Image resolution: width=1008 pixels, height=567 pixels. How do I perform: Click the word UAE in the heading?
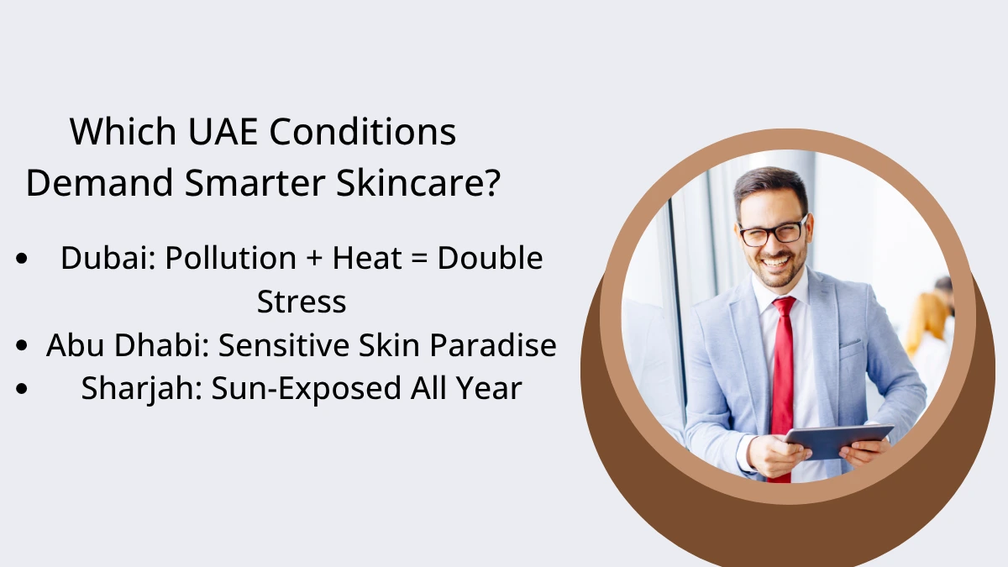click(x=223, y=131)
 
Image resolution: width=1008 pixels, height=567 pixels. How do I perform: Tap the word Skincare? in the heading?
click(x=418, y=182)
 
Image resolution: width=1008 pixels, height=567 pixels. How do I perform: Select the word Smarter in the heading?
click(x=255, y=183)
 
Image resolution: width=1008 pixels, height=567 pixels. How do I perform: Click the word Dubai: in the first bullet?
click(x=108, y=258)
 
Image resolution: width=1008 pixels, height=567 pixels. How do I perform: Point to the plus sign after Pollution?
click(x=314, y=259)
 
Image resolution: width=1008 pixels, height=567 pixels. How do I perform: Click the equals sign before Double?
click(x=419, y=259)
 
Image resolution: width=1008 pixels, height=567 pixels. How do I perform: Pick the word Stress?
click(x=302, y=302)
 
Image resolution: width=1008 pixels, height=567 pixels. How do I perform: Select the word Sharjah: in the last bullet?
click(x=142, y=389)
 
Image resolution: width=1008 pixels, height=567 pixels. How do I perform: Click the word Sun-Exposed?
click(x=306, y=389)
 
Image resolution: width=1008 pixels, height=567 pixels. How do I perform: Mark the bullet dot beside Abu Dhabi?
click(x=22, y=345)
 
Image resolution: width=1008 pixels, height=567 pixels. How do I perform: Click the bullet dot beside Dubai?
click(x=22, y=259)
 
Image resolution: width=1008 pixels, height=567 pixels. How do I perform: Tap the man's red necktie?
click(x=783, y=387)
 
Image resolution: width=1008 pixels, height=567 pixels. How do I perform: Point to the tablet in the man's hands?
click(x=839, y=441)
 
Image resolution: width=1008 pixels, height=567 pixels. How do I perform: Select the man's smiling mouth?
click(x=776, y=261)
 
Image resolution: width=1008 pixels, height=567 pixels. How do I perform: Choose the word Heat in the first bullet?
click(x=367, y=258)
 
